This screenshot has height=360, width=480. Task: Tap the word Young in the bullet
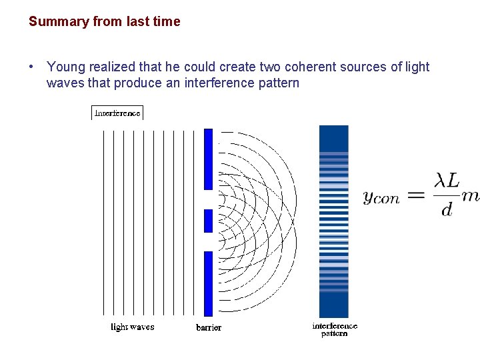pos(65,67)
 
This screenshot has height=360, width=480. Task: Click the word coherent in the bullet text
pos(313,67)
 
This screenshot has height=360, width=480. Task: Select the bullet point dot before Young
pos(31,67)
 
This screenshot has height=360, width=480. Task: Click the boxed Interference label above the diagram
pos(117,113)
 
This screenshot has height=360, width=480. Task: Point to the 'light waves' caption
pos(132,327)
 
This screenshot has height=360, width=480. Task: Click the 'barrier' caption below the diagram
pos(209,327)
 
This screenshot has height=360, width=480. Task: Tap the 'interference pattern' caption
pos(335,329)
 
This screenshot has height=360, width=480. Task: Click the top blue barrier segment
pos(208,159)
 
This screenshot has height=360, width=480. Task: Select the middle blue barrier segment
pos(208,221)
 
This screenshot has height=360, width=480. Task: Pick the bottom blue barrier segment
pos(208,283)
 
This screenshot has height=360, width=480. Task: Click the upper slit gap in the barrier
pos(208,199)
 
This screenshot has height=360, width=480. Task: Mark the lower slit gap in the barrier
pos(208,242)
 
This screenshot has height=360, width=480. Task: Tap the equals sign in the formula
pos(415,195)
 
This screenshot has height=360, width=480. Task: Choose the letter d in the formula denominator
pos(447,209)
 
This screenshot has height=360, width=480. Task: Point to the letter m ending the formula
pos(471,195)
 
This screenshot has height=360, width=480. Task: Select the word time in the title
pos(167,21)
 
